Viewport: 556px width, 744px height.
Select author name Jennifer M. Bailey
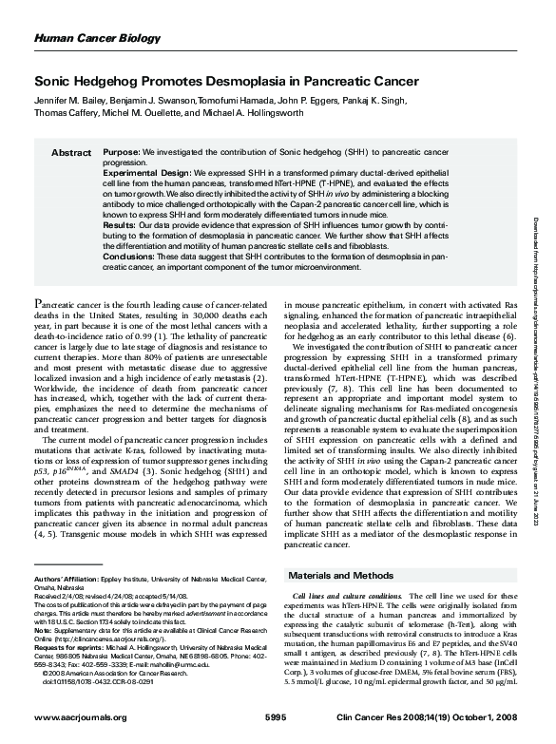tap(72, 100)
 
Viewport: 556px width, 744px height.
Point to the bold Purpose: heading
tap(121, 152)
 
